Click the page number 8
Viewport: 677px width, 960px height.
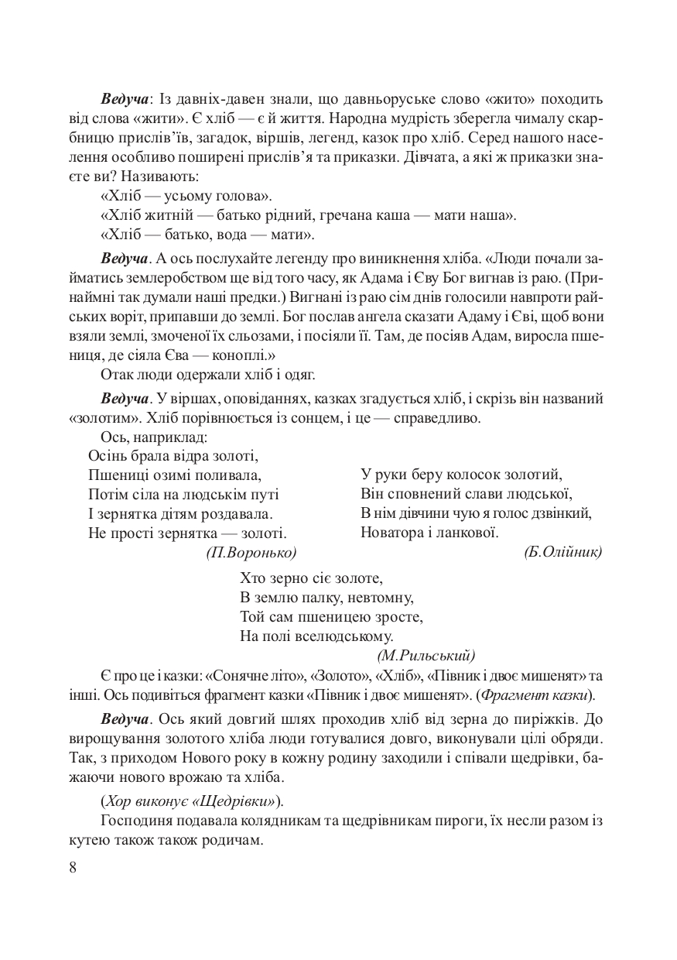click(x=73, y=866)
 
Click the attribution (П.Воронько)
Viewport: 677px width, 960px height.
click(x=251, y=552)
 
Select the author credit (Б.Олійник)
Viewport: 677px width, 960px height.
click(x=562, y=552)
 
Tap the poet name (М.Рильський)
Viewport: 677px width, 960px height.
click(x=426, y=655)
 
